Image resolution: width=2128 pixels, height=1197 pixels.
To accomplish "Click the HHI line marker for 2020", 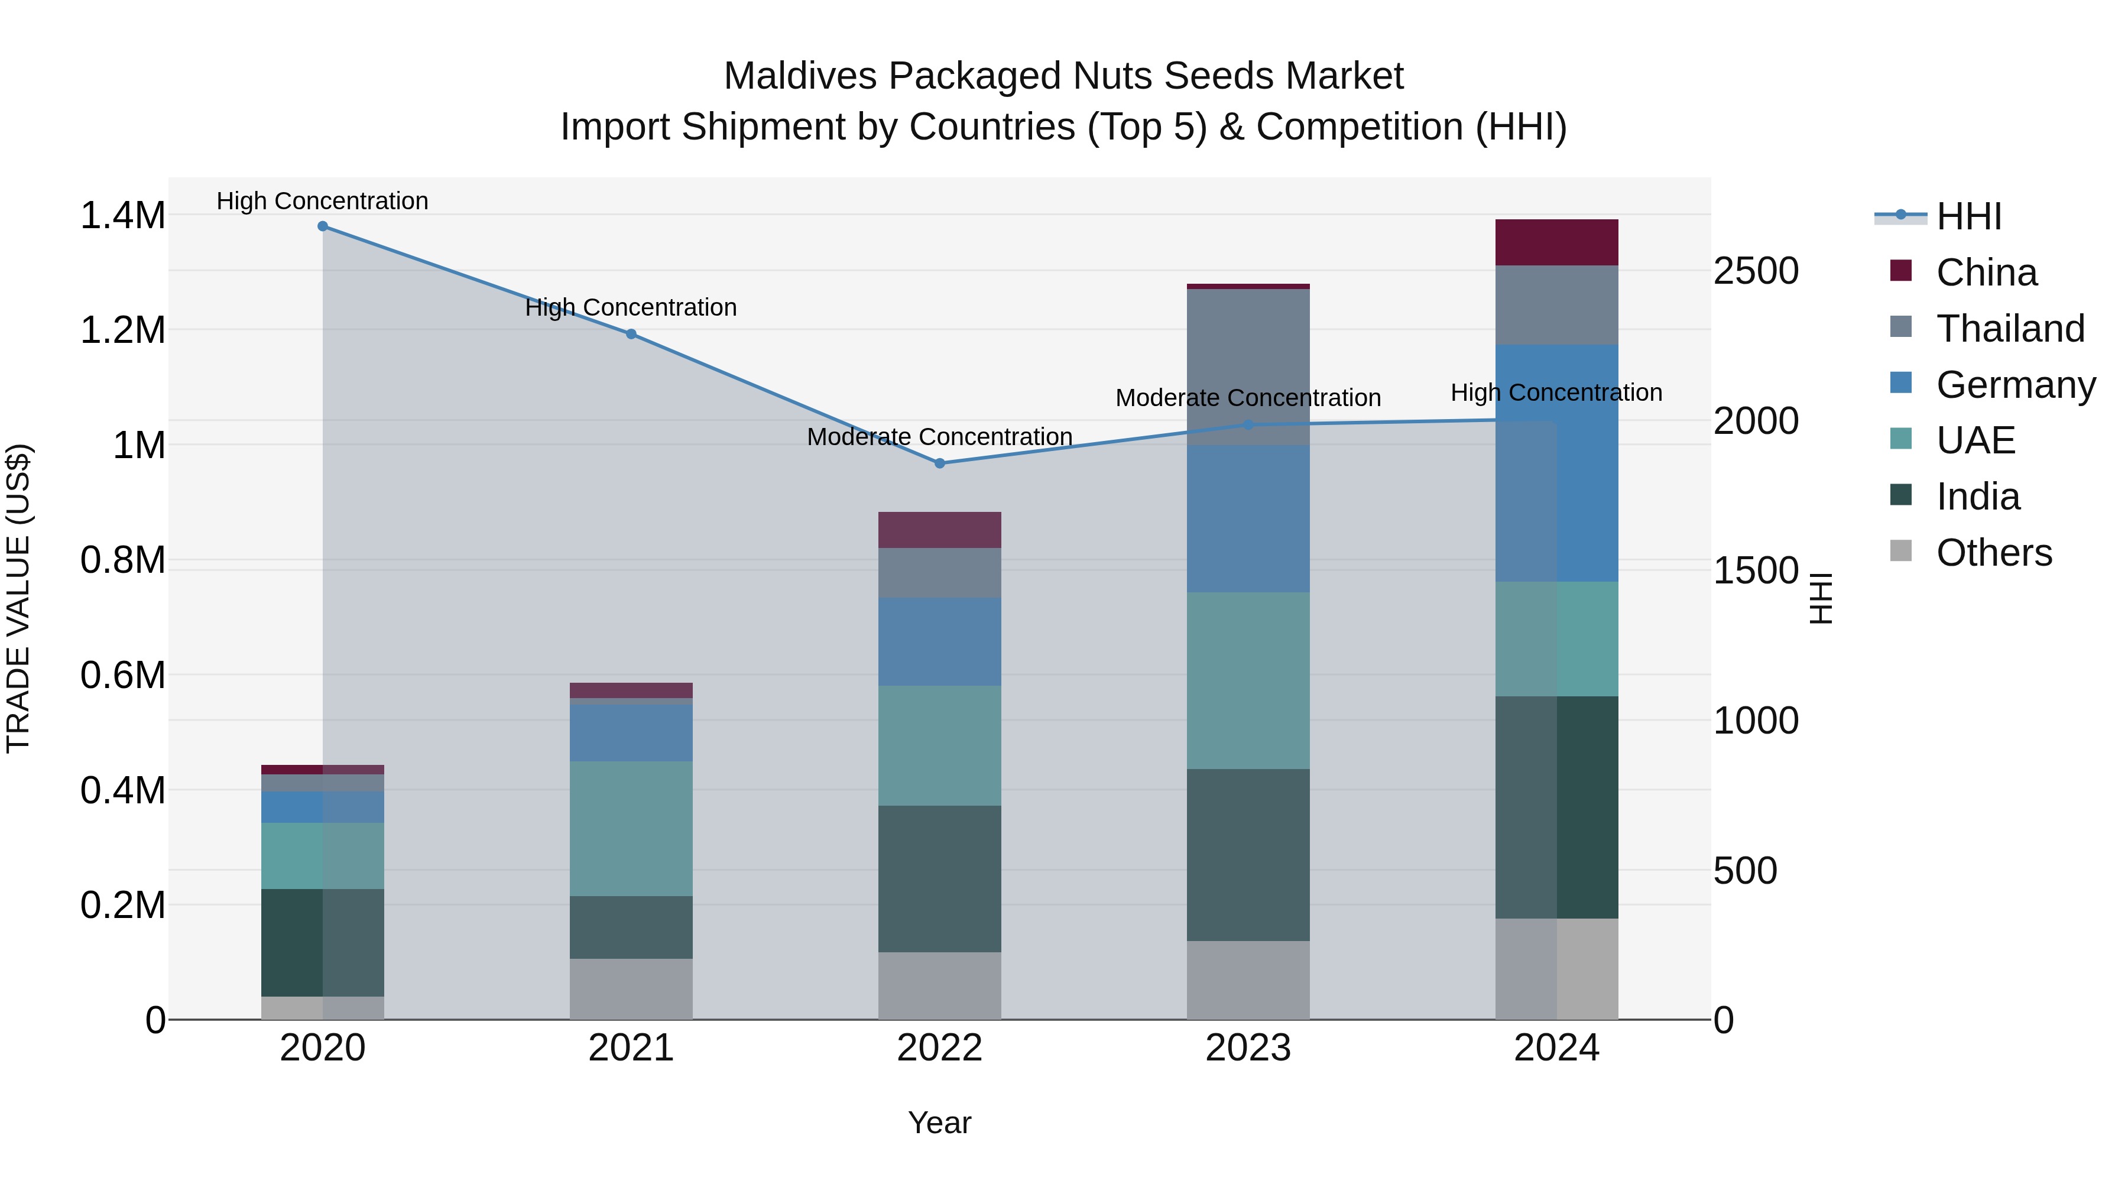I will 323,226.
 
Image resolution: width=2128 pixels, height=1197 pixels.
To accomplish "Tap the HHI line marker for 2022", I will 939,463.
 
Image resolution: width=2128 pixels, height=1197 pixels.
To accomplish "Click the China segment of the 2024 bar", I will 1556,243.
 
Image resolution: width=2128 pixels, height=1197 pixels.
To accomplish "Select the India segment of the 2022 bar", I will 939,879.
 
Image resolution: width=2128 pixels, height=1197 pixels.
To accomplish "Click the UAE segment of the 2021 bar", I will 631,829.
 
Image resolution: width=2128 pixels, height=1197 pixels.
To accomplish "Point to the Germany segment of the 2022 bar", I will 939,642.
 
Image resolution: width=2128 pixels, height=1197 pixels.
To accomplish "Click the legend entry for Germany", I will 2016,385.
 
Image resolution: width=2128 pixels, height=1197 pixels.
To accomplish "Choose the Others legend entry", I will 1993,553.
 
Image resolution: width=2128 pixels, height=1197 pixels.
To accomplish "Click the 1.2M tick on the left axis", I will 122,330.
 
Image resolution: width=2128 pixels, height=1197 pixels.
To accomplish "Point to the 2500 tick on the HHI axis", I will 1756,271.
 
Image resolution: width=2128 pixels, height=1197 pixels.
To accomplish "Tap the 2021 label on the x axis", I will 631,1048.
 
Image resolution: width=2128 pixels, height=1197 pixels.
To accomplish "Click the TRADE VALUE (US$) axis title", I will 18,598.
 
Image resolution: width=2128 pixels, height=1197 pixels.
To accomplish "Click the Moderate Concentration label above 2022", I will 939,437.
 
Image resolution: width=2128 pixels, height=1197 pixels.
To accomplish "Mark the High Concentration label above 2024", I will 1556,393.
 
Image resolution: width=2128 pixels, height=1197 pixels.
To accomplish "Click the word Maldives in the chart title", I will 800,76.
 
